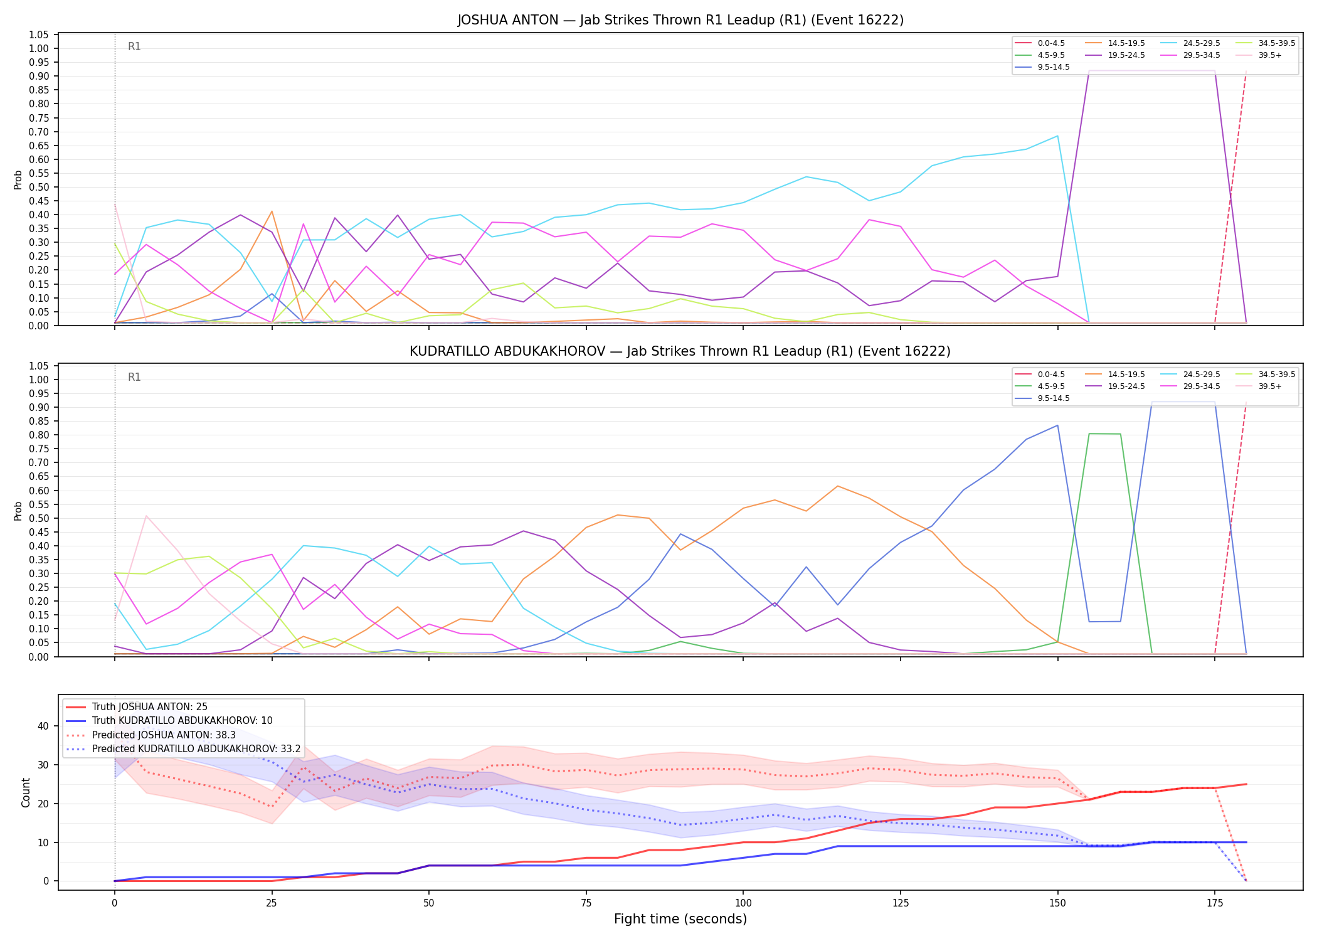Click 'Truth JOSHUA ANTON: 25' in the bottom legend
coord(137,707)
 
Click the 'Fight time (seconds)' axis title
coord(680,919)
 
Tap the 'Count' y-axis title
coord(26,792)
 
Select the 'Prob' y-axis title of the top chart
coord(18,180)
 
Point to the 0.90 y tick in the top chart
coord(39,76)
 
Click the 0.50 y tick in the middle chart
coord(39,518)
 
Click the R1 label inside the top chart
coord(134,46)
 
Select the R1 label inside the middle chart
coord(134,377)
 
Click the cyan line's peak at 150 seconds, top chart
coord(1057,136)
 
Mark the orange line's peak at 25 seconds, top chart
coord(272,211)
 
